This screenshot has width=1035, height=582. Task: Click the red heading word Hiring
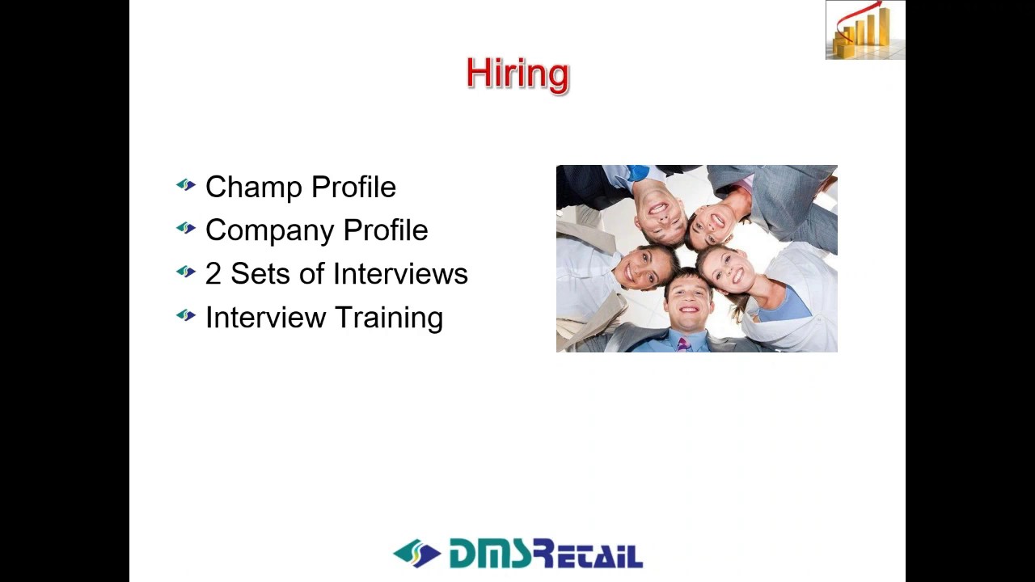(517, 74)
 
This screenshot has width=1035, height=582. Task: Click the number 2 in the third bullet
(213, 274)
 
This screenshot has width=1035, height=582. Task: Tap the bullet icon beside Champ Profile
(186, 186)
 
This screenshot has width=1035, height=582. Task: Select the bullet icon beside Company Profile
(186, 230)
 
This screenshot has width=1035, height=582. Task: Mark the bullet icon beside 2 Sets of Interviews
(186, 272)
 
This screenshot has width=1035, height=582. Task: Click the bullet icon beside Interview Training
(186, 316)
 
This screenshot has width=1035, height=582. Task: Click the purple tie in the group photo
(683, 345)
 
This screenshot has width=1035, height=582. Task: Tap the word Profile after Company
(385, 231)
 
